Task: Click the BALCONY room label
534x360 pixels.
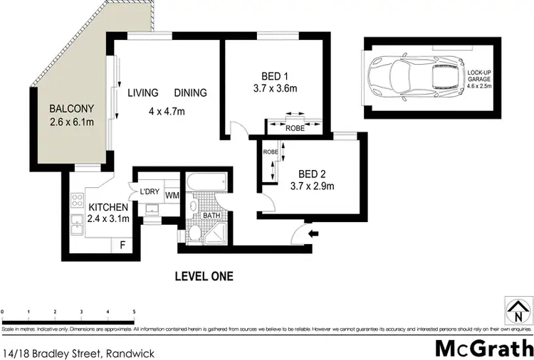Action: pyautogui.click(x=70, y=110)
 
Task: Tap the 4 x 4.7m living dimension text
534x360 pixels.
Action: pyautogui.click(x=167, y=111)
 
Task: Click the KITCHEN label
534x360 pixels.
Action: pyautogui.click(x=109, y=207)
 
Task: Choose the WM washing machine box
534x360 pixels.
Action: pyautogui.click(x=172, y=194)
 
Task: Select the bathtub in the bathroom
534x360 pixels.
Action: pyautogui.click(x=208, y=182)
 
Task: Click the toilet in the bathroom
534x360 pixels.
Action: pyautogui.click(x=194, y=233)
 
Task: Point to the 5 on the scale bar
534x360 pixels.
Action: pyautogui.click(x=134, y=312)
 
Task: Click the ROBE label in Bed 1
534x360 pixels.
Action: pyautogui.click(x=295, y=129)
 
